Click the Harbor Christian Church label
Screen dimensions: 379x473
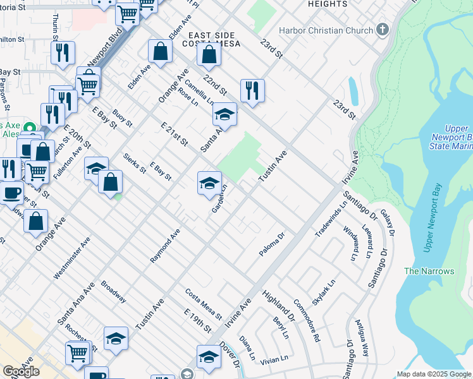pos(333,30)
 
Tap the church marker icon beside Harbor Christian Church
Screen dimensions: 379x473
pos(382,30)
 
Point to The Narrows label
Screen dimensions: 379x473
pos(429,271)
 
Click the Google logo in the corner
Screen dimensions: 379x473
pos(21,371)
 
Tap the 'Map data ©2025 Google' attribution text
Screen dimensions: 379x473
pos(434,374)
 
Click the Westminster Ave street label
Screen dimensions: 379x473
pos(71,258)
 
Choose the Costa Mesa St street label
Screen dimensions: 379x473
pos(204,304)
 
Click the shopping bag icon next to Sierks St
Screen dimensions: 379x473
pos(110,183)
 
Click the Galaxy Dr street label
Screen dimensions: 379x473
pos(388,224)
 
